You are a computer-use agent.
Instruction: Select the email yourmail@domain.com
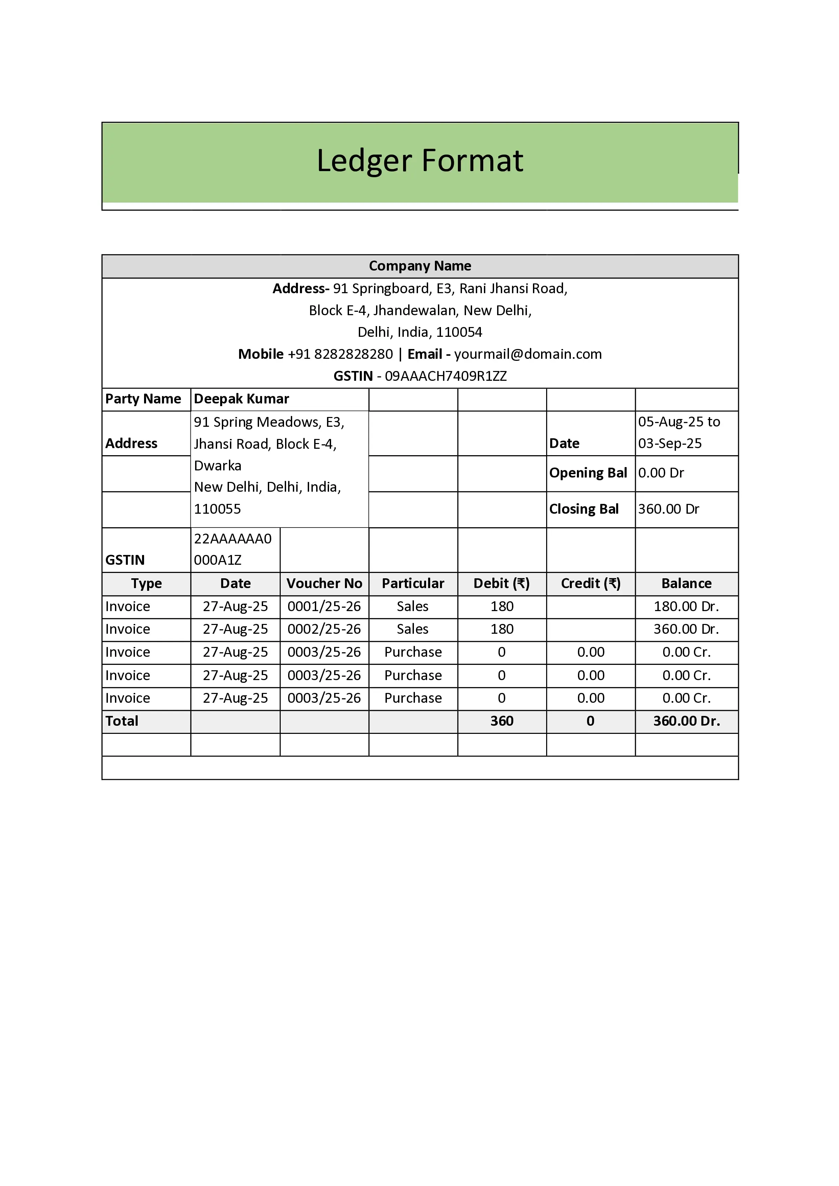(x=528, y=354)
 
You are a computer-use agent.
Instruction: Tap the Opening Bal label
(x=588, y=473)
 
